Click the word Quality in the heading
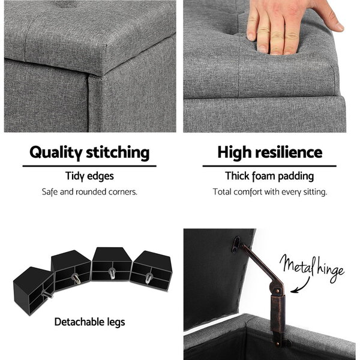tap(56, 153)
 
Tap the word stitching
tap(118, 153)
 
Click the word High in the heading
tap(235, 153)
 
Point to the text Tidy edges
tap(89, 176)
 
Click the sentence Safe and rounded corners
tap(89, 192)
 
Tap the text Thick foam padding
tap(269, 176)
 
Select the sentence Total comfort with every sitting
tap(270, 192)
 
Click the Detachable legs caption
tap(90, 322)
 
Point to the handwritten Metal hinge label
tap(312, 268)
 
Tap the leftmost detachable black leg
tap(34, 290)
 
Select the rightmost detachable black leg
tap(152, 271)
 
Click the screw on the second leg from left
tap(76, 279)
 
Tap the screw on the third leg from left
tap(112, 274)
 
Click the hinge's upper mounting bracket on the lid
tap(237, 245)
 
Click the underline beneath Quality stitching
tap(89, 166)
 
